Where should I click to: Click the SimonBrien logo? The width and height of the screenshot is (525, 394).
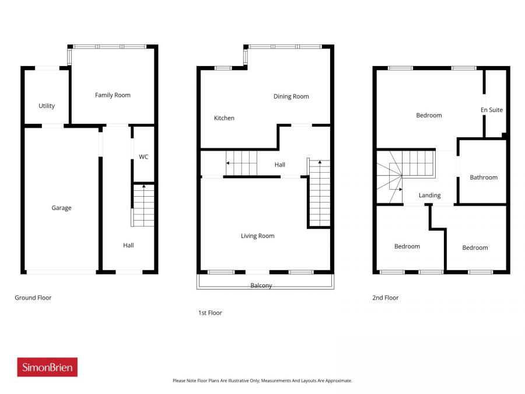pos(47,367)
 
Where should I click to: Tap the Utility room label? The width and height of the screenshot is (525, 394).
pos(47,106)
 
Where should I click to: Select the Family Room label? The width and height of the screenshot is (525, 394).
pos(113,95)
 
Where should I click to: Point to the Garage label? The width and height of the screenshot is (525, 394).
pos(61,208)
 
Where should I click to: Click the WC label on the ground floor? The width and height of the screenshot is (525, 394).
pos(143,157)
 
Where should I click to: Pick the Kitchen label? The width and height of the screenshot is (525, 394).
pos(224,118)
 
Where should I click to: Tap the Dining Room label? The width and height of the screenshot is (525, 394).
pos(291,96)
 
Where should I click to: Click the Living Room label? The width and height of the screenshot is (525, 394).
pos(257,236)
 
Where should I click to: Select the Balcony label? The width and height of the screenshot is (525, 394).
pos(261,285)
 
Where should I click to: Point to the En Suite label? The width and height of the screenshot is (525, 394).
pos(491,110)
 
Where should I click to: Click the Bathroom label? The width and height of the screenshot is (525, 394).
pos(484,177)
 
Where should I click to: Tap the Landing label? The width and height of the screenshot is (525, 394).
pos(429,196)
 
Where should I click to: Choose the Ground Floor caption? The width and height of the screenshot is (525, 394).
pos(33,298)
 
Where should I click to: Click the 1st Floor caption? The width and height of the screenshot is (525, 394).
pos(210,313)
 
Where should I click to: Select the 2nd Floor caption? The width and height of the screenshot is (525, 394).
pos(385,298)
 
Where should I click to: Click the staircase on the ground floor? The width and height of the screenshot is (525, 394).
pos(143,204)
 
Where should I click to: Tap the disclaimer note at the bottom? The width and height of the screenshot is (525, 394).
pos(262,381)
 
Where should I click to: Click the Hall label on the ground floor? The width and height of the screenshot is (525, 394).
pos(128,245)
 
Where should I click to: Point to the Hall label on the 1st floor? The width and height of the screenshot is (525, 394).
pos(280,165)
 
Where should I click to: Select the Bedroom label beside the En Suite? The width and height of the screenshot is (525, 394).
pos(429,116)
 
